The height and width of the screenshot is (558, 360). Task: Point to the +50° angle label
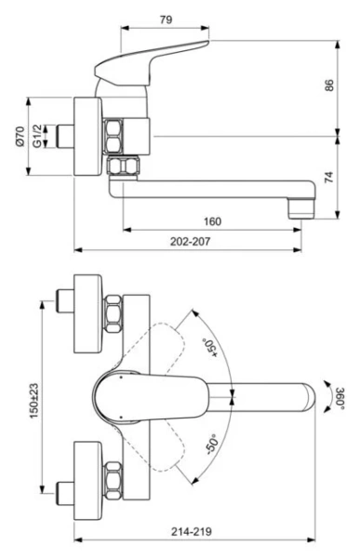click(212, 348)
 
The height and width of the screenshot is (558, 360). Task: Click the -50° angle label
click(212, 443)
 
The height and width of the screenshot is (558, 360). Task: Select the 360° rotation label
click(340, 396)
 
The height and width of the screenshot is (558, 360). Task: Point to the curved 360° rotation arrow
click(327, 395)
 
